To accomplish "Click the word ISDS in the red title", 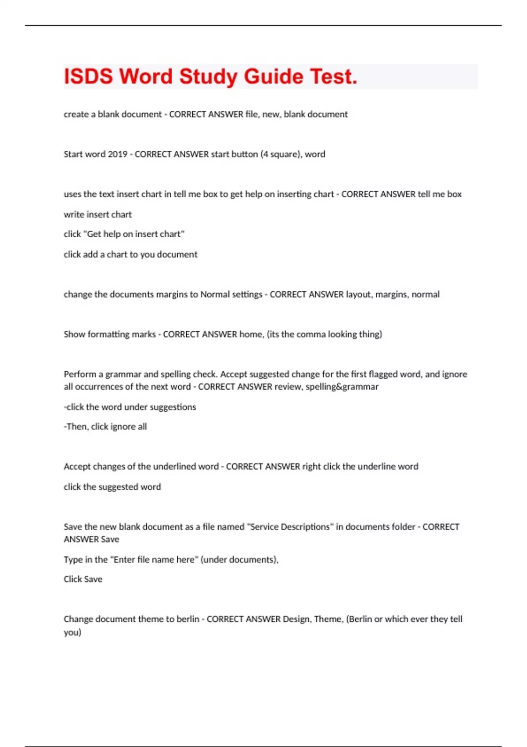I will coord(88,76).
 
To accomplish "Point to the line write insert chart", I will coord(97,214).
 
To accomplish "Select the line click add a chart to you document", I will coord(130,254).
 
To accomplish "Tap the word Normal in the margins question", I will coord(215,294).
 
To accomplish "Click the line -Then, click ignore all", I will coord(105,427).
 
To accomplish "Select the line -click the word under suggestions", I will coord(130,407).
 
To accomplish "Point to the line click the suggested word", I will coord(112,487).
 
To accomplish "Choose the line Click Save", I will coord(83,579).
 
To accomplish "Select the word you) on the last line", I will coord(72,633).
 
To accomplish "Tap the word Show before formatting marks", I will coord(74,334).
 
